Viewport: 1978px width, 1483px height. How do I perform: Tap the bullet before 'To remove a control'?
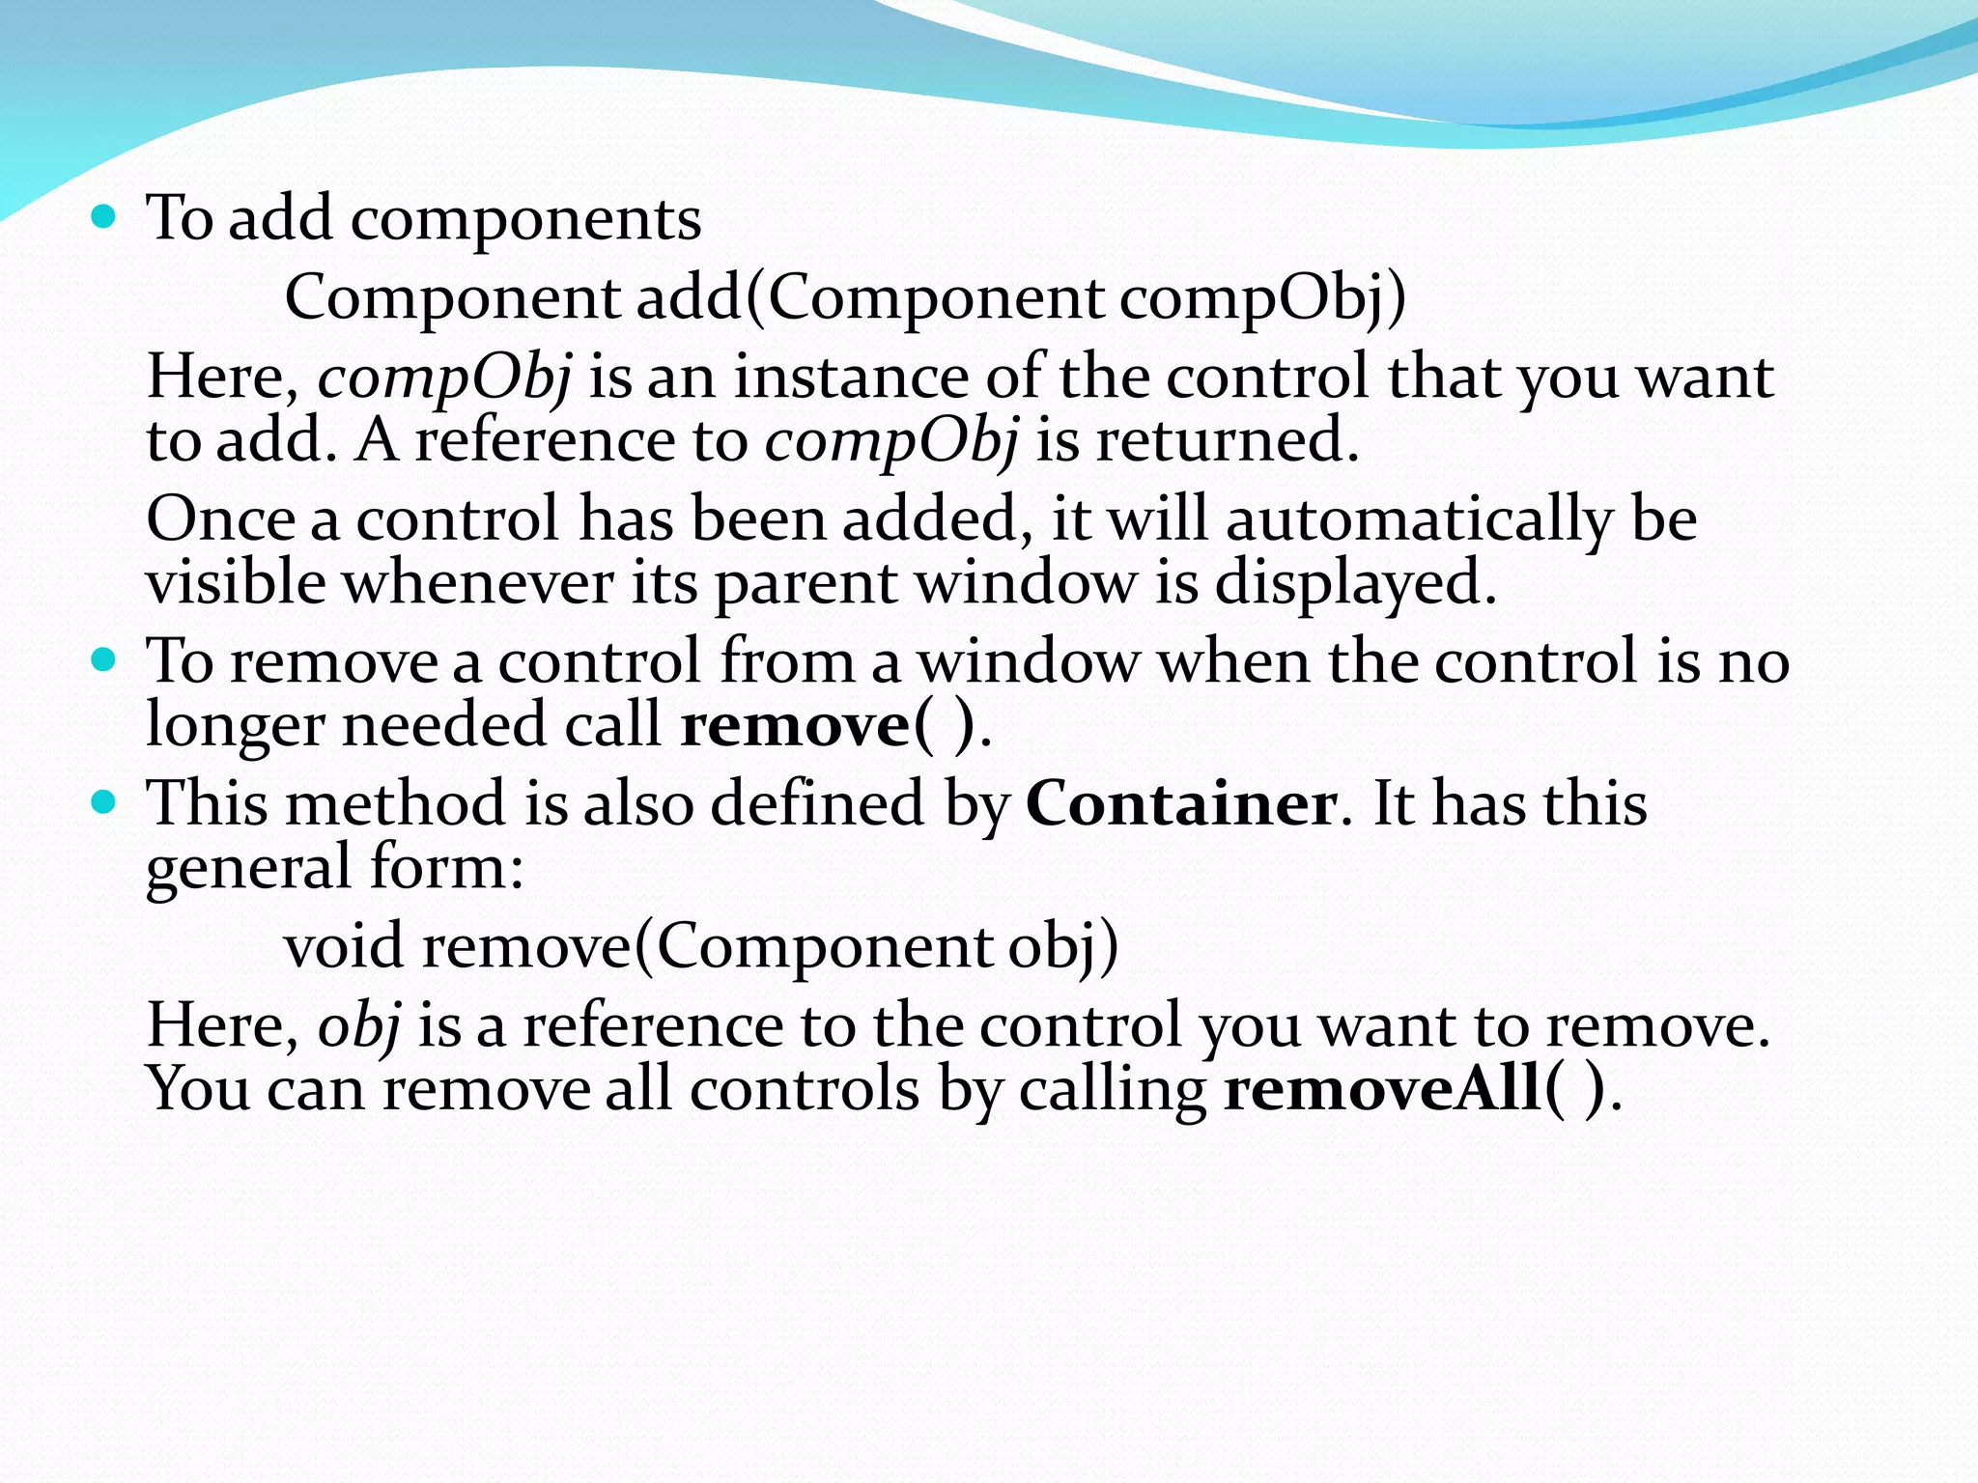[102, 660]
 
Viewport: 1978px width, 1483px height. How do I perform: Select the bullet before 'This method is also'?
[102, 801]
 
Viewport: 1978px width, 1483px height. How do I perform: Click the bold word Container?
[1181, 803]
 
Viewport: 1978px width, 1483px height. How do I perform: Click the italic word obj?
[359, 1025]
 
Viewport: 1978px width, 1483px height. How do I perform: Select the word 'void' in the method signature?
[343, 946]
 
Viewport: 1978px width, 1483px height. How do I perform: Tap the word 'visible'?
[236, 583]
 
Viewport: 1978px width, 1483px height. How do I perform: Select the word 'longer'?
[235, 726]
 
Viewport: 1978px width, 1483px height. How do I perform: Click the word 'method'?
[395, 803]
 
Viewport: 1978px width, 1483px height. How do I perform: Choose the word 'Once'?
[220, 519]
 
